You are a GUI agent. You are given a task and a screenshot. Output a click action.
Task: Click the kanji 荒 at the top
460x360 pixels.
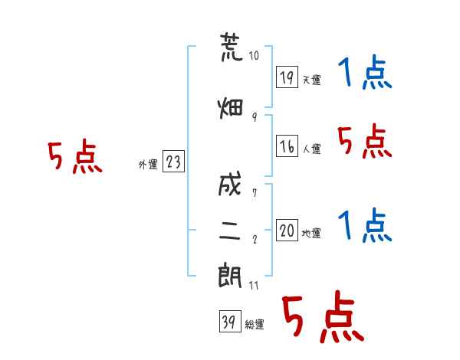click(232, 47)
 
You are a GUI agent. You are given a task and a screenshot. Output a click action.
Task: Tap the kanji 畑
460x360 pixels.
click(230, 108)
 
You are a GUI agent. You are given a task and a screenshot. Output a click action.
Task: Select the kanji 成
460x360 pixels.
click(230, 184)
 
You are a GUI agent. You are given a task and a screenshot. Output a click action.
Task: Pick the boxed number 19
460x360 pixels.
click(287, 77)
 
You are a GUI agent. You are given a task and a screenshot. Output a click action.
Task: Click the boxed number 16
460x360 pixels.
click(287, 146)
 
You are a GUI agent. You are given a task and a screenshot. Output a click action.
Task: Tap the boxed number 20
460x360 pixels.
click(287, 230)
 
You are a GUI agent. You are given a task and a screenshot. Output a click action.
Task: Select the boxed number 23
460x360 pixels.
click(173, 161)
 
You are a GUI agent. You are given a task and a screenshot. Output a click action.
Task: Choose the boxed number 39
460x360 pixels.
click(230, 321)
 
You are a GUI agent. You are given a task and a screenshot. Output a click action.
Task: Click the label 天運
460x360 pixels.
click(311, 80)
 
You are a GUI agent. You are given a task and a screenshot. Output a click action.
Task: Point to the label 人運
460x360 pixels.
click(311, 149)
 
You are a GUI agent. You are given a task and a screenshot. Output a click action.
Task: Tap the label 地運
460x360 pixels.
click(311, 233)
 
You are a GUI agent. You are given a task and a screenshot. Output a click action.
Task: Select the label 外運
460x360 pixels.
click(148, 165)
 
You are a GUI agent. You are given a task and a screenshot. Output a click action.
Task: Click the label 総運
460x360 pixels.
click(255, 325)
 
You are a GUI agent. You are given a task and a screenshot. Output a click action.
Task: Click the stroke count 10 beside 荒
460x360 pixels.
click(254, 55)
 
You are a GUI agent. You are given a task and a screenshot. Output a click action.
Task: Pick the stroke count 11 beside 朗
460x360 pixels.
click(254, 285)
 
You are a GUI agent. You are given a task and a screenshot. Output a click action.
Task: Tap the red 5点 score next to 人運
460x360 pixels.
click(365, 141)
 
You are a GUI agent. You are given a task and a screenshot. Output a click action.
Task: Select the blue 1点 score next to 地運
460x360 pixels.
click(365, 224)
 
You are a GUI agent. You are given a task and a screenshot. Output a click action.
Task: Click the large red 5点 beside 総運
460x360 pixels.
click(324, 316)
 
